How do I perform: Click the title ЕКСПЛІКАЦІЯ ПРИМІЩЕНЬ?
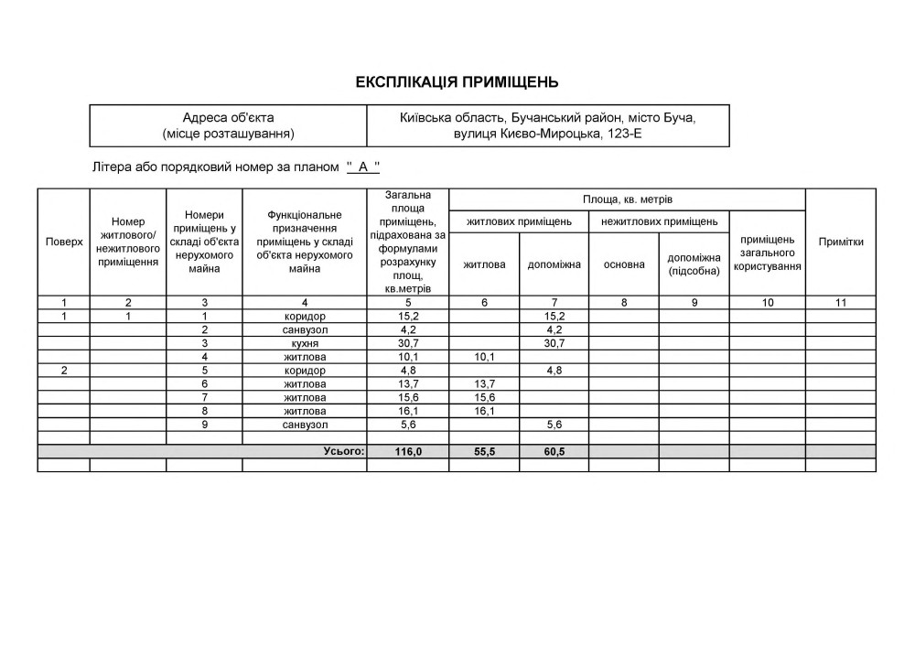[x=457, y=82]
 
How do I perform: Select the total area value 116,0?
[x=407, y=452]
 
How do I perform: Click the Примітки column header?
[x=841, y=242]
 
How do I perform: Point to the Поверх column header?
[x=64, y=242]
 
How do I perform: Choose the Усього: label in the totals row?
[x=344, y=452]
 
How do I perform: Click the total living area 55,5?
[x=484, y=452]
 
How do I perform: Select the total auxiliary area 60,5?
[x=554, y=452]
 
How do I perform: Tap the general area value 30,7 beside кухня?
[x=407, y=343]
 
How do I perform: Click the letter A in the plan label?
[x=363, y=167]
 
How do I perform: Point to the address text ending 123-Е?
[x=547, y=134]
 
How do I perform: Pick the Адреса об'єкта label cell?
[x=228, y=125]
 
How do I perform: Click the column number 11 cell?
[x=841, y=303]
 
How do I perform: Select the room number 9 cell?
[x=205, y=425]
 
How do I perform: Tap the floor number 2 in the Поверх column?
[x=64, y=371]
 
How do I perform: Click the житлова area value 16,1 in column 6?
[x=484, y=412]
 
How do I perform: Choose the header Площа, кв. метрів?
[x=628, y=199]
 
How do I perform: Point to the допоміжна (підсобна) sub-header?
[x=694, y=264]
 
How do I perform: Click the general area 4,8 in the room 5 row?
[x=407, y=371]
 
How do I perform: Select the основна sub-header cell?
[x=624, y=264]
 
